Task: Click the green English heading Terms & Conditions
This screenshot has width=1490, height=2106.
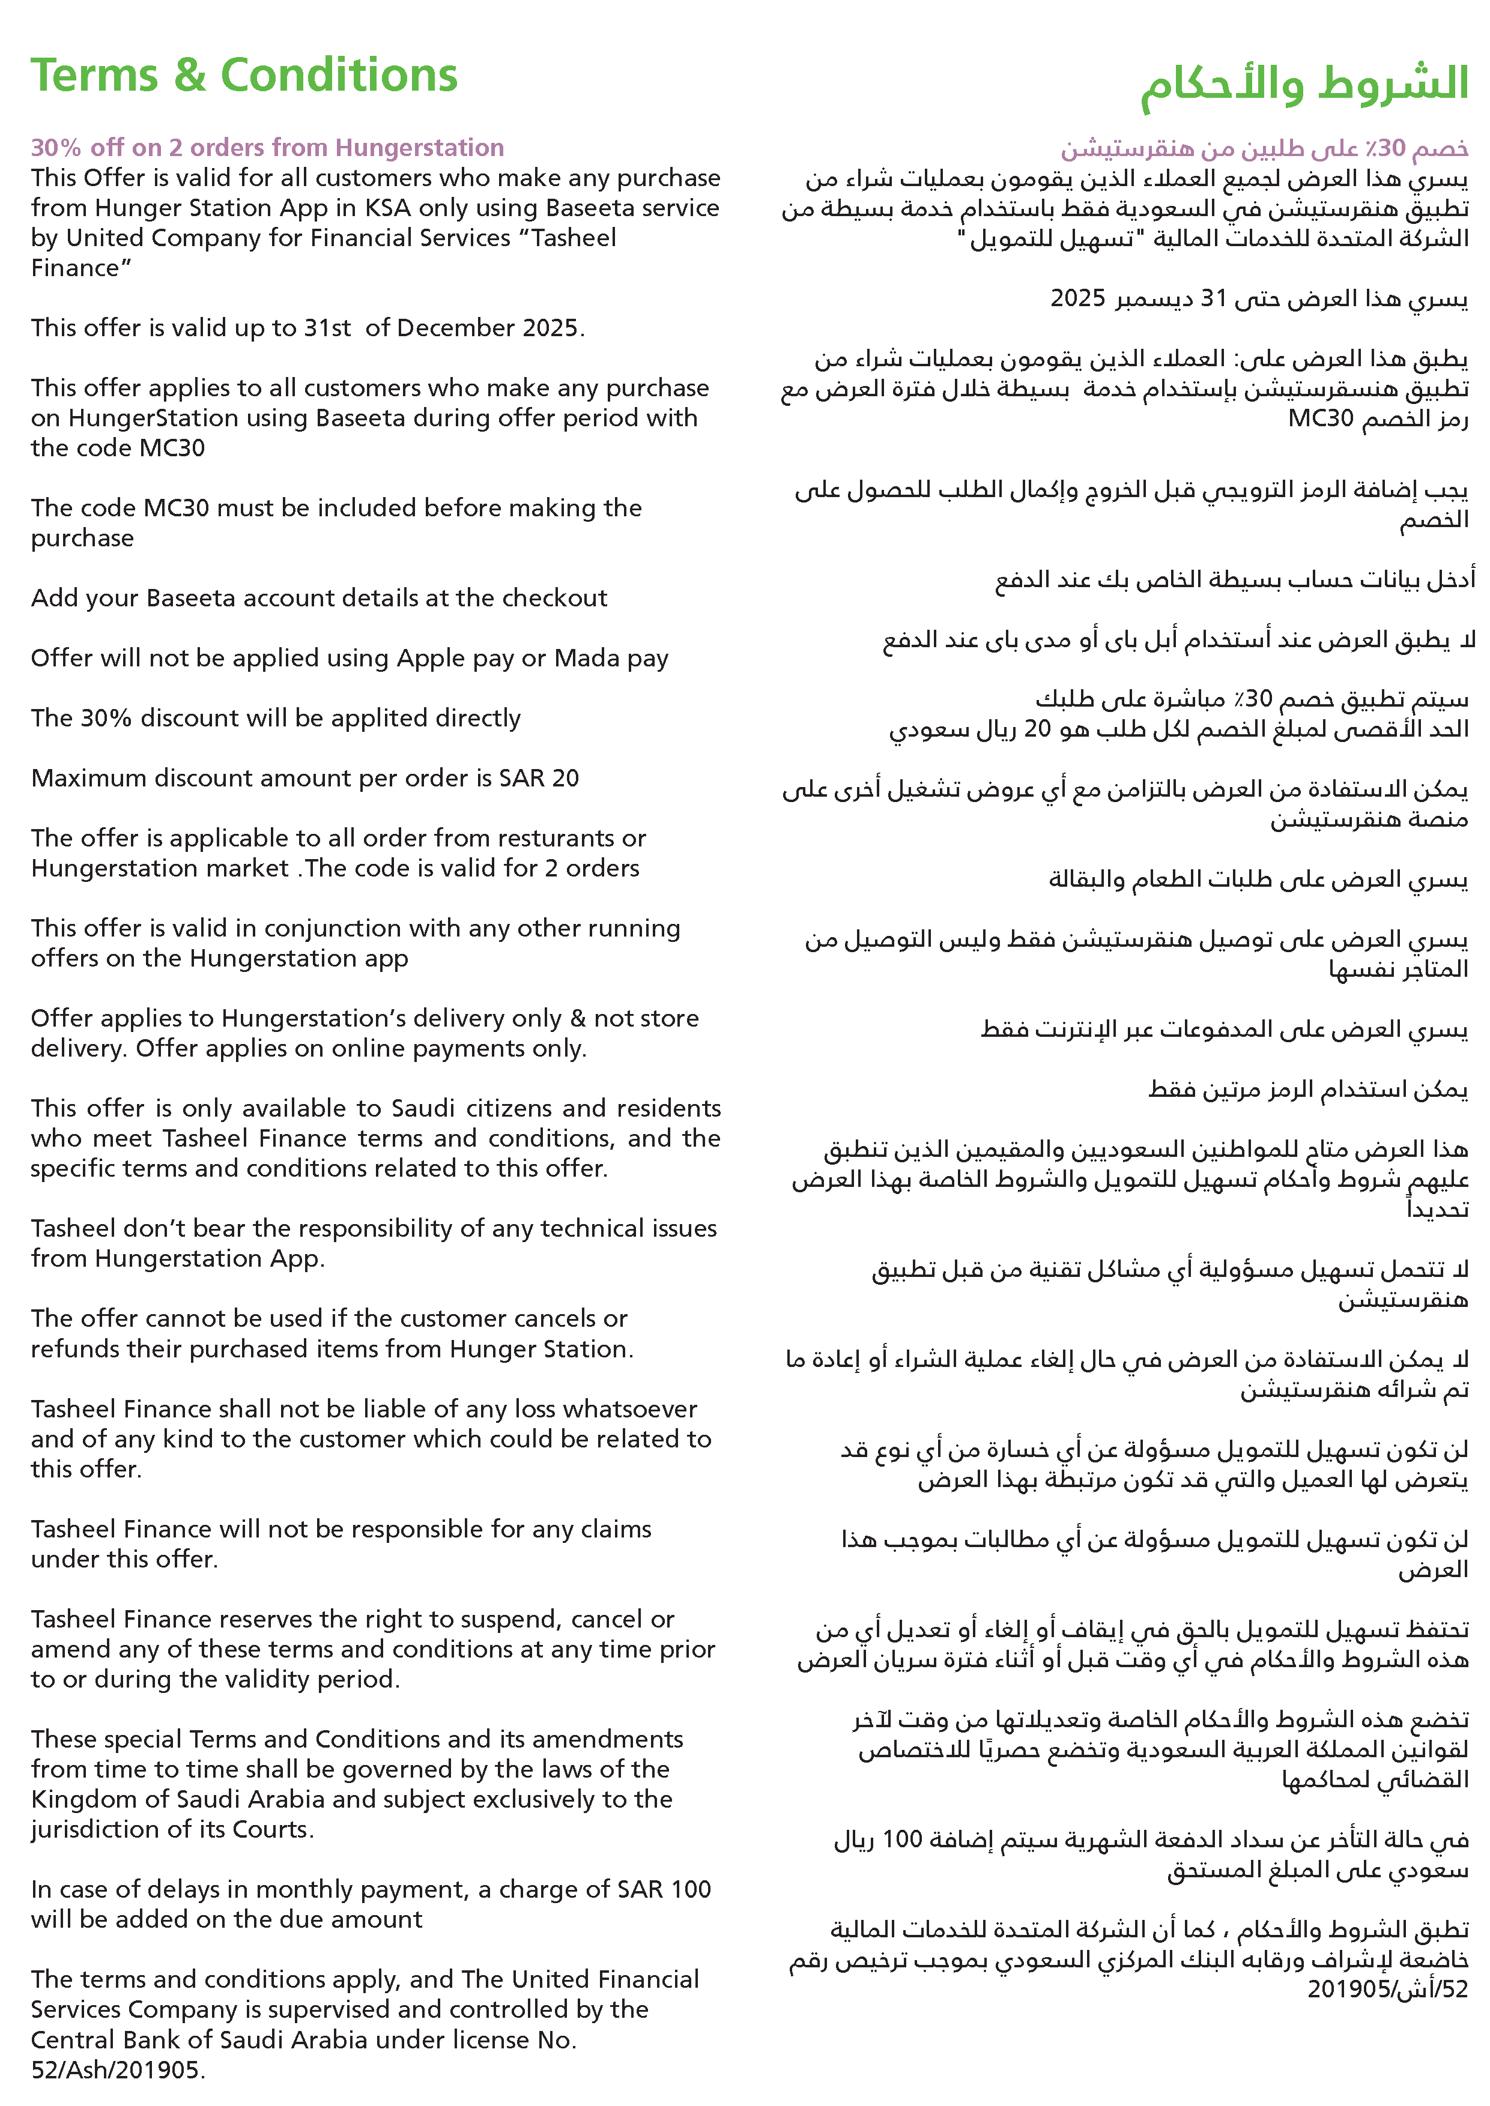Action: tap(243, 75)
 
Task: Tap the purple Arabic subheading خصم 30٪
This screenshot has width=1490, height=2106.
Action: tap(1264, 148)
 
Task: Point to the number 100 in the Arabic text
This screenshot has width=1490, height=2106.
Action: tap(902, 1840)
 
